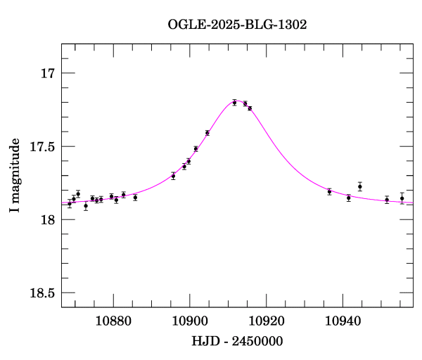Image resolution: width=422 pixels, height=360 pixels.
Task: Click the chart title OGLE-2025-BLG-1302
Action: [x=237, y=24]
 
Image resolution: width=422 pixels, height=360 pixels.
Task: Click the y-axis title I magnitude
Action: [x=15, y=175]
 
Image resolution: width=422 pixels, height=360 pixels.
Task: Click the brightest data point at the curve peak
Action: [x=234, y=103]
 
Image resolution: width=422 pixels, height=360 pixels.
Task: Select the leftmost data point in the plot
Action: [x=70, y=204]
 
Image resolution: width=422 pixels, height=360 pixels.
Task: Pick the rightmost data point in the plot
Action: [x=402, y=198]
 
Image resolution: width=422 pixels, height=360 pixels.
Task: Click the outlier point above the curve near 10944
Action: [x=360, y=186]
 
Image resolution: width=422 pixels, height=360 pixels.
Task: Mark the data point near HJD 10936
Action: [x=329, y=191]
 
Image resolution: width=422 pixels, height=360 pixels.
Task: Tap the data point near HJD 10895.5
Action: [x=173, y=176]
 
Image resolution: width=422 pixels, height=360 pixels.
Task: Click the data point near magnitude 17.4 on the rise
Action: [x=207, y=133]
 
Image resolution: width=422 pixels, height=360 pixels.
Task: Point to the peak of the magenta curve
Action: [x=238, y=101]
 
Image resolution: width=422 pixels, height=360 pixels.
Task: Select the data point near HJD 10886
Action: [x=135, y=198]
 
